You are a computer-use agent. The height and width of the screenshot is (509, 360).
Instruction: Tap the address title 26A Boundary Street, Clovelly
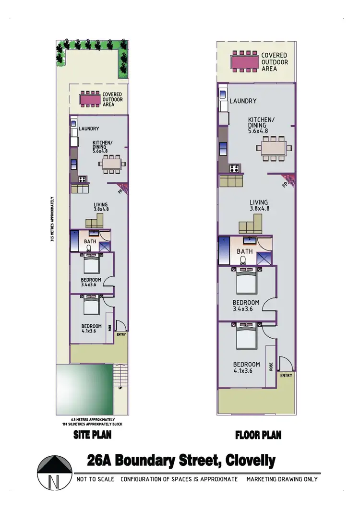[x=181, y=461]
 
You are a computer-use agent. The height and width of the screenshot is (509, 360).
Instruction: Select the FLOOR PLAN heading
[x=258, y=435]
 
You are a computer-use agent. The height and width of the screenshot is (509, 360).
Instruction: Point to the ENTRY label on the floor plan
[x=286, y=376]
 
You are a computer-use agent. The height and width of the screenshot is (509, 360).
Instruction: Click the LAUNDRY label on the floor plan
[x=243, y=101]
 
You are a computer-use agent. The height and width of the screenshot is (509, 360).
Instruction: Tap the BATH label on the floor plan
[x=245, y=251]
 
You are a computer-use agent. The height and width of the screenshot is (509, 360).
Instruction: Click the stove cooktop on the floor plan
[x=235, y=168]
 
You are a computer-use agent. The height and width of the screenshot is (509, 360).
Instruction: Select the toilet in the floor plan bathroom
[x=243, y=260]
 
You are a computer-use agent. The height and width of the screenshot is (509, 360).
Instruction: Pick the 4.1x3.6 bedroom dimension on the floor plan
[x=247, y=371]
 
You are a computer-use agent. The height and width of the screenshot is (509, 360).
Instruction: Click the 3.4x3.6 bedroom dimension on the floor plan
[x=246, y=309]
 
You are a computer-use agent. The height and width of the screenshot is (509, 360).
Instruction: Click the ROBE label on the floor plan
[x=271, y=367]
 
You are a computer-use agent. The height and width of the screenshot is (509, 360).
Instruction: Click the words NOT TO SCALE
[x=95, y=479]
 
